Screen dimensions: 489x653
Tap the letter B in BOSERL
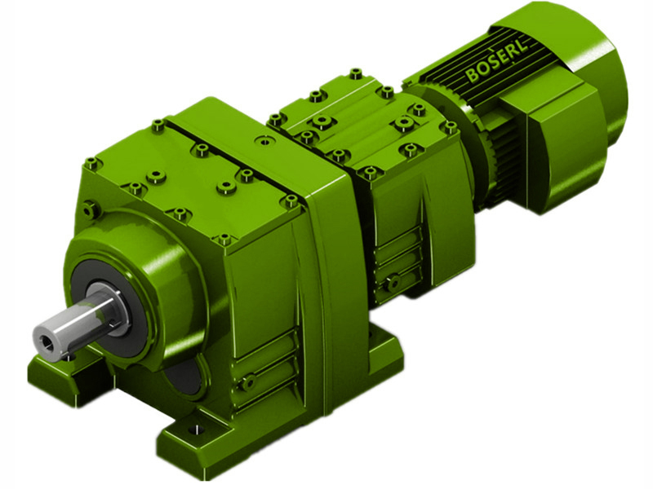472,77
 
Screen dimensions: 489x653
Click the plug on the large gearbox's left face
91,210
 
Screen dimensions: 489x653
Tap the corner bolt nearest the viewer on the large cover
224,240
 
